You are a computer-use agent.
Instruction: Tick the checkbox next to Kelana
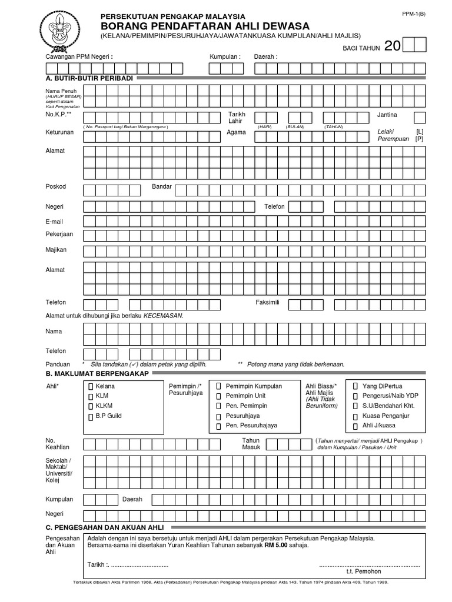pos(90,387)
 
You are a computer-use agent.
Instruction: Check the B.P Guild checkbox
pos(90,416)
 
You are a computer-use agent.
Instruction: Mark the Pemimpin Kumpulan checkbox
pos(218,386)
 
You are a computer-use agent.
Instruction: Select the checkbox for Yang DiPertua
pos(355,386)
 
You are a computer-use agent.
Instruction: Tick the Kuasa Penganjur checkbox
pos(355,416)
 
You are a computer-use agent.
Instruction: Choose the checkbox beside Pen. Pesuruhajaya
pos(218,426)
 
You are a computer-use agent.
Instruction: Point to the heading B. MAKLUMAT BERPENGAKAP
pos(97,373)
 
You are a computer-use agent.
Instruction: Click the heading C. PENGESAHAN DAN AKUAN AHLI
pos(105,527)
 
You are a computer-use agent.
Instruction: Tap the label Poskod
pos(56,187)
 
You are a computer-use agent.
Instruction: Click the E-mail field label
pos(54,222)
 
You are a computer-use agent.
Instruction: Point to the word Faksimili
pos(267,302)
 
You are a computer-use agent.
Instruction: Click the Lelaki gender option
pos(385,132)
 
